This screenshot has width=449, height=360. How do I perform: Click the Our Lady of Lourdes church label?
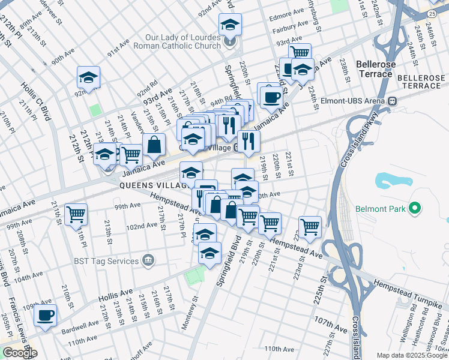(x=187, y=40)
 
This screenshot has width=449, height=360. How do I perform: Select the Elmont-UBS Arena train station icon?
(x=393, y=101)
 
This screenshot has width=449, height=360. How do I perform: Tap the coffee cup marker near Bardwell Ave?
(x=45, y=315)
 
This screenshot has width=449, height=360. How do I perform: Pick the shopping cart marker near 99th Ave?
(x=76, y=214)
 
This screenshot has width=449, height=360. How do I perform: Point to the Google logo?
(x=20, y=353)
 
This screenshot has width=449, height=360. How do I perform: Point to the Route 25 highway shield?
(x=432, y=13)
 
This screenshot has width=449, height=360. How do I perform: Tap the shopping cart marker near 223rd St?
(x=310, y=226)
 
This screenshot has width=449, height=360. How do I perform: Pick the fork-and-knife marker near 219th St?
(x=249, y=142)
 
